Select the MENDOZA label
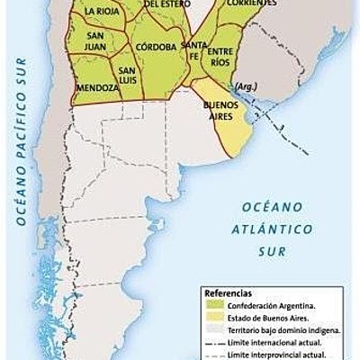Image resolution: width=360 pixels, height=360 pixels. (x=96, y=88)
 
